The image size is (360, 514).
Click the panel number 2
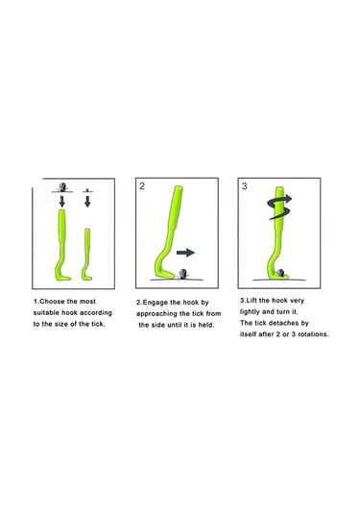tap(142, 186)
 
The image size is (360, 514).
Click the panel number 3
tap(245, 186)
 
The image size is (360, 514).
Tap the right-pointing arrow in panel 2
tap(185, 253)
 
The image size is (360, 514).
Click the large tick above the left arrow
tap(61, 187)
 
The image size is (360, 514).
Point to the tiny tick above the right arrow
tap(87, 190)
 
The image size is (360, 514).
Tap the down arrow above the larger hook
tap(61, 201)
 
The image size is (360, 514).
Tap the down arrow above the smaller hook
tap(87, 201)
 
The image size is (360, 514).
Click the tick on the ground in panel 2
tap(182, 274)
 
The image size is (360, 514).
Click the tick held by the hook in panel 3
tap(280, 273)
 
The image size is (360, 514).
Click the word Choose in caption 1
tap(54, 302)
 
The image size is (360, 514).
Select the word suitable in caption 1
tap(46, 313)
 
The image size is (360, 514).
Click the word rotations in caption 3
tap(313, 334)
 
